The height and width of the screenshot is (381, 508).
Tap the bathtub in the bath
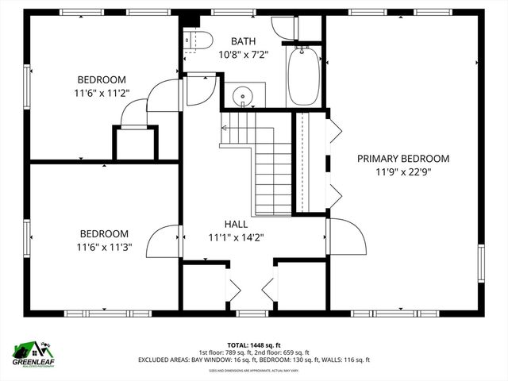pos(303,76)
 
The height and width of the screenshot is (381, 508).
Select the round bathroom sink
pos(243,97)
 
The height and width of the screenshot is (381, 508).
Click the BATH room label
pos(244,41)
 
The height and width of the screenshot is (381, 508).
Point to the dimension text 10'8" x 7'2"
pos(244,55)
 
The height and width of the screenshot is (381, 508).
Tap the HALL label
pos(235,225)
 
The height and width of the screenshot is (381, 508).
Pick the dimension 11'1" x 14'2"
pos(235,237)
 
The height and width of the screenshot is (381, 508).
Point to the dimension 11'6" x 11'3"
pos(103,247)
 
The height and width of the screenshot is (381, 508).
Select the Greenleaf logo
pos(33,353)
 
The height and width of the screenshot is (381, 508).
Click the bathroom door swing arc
pos(201,92)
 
